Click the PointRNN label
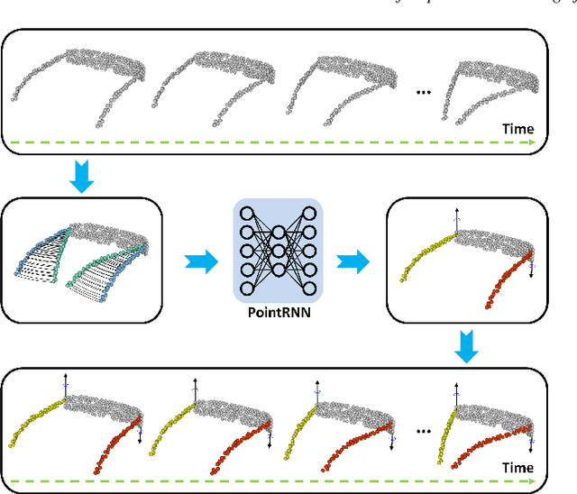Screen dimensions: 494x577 pos(277,315)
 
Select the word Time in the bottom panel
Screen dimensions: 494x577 pos(517,468)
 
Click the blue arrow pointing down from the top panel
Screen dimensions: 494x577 pos(78,177)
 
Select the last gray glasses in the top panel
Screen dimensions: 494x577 pos(491,89)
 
